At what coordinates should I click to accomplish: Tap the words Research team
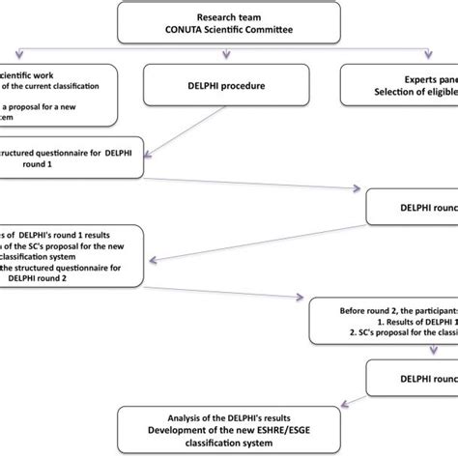[x=229, y=16]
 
